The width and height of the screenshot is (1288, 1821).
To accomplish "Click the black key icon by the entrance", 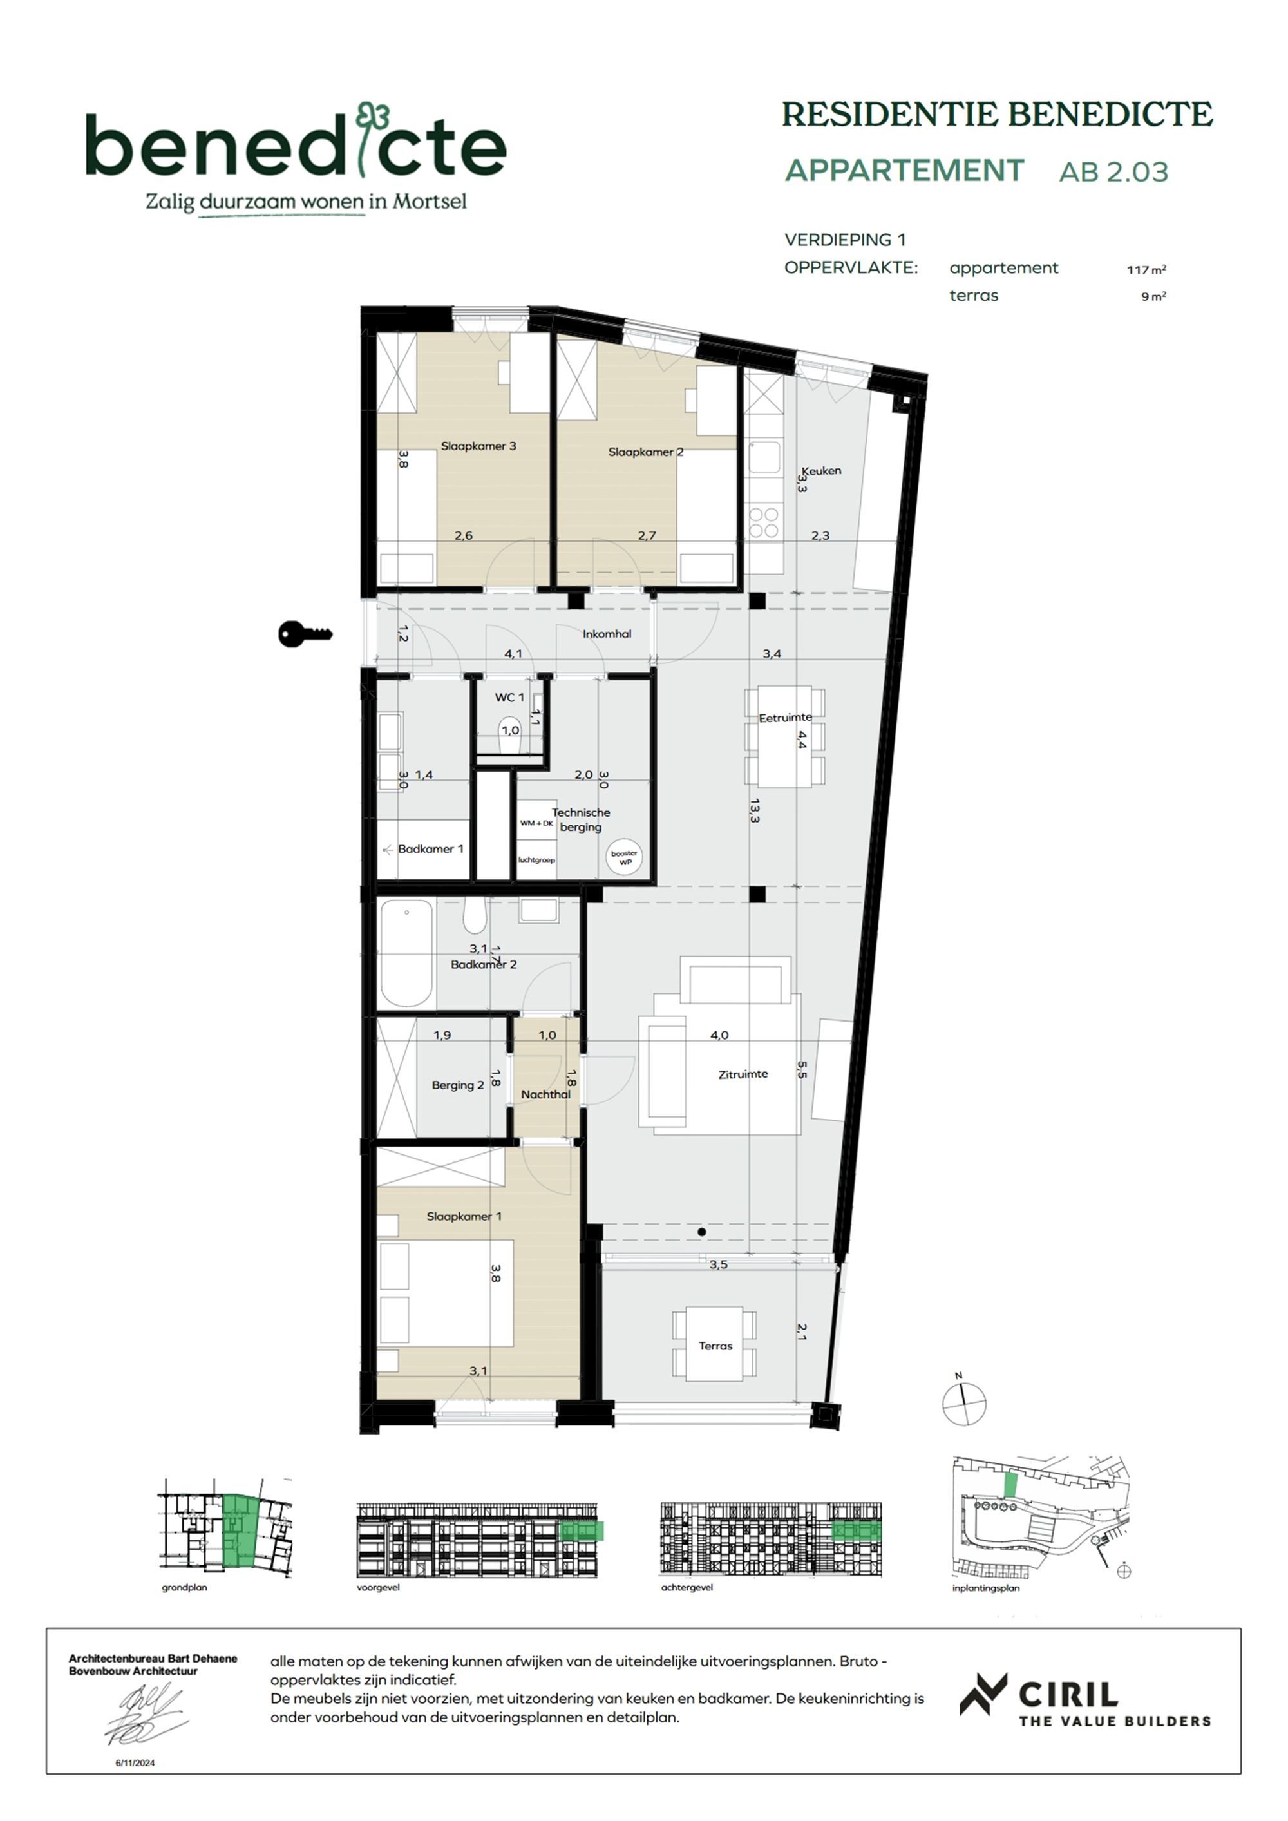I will tap(305, 634).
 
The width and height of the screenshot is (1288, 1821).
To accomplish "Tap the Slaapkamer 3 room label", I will tap(478, 446).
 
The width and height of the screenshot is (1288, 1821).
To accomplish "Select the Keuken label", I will tap(821, 470).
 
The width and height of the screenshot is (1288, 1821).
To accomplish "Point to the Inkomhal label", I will tap(607, 634).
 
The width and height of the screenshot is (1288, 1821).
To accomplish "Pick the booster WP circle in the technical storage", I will tap(625, 857).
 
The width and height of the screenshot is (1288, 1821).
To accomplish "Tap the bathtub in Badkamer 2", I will tap(407, 953).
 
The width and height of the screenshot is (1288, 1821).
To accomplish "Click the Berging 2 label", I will tap(458, 1085).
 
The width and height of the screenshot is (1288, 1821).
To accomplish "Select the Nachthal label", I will tap(545, 1094).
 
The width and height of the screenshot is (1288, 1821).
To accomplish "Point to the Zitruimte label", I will tap(743, 1074).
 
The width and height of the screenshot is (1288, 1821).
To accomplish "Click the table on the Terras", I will tap(715, 1345).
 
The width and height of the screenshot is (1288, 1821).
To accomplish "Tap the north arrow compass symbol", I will tap(963, 1403).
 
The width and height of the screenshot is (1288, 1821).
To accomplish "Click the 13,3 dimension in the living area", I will tap(754, 810).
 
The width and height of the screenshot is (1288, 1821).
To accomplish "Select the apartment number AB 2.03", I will tap(1113, 172).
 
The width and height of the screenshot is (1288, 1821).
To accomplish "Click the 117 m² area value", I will tap(1146, 270).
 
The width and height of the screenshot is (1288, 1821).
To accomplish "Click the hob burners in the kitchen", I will tap(764, 522).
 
